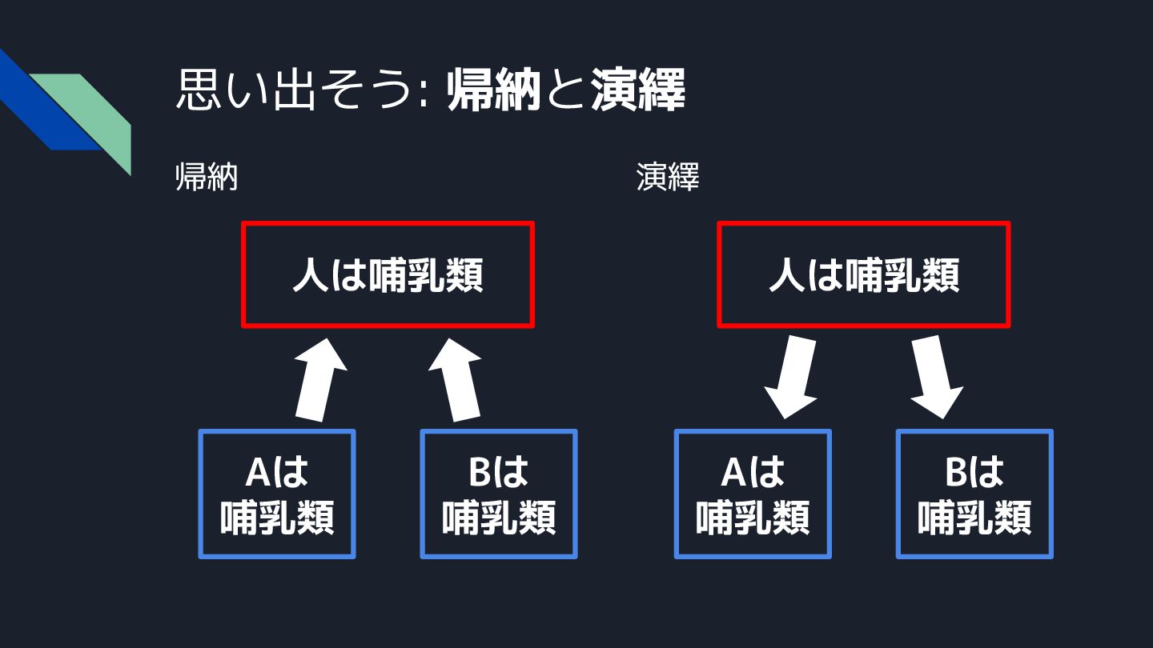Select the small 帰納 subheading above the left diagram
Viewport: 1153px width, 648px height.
pos(207,178)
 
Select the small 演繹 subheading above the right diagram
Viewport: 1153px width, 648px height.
pos(668,178)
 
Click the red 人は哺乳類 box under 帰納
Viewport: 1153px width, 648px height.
pos(388,274)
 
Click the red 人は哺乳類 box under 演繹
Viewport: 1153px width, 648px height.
pos(863,274)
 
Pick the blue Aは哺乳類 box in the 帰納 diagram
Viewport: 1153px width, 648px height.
pos(277,494)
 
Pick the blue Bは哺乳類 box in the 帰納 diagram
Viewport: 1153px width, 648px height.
pos(499,494)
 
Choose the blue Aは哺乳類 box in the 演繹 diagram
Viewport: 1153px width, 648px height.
pos(753,494)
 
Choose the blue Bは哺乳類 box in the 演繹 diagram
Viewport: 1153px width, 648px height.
pos(974,494)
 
